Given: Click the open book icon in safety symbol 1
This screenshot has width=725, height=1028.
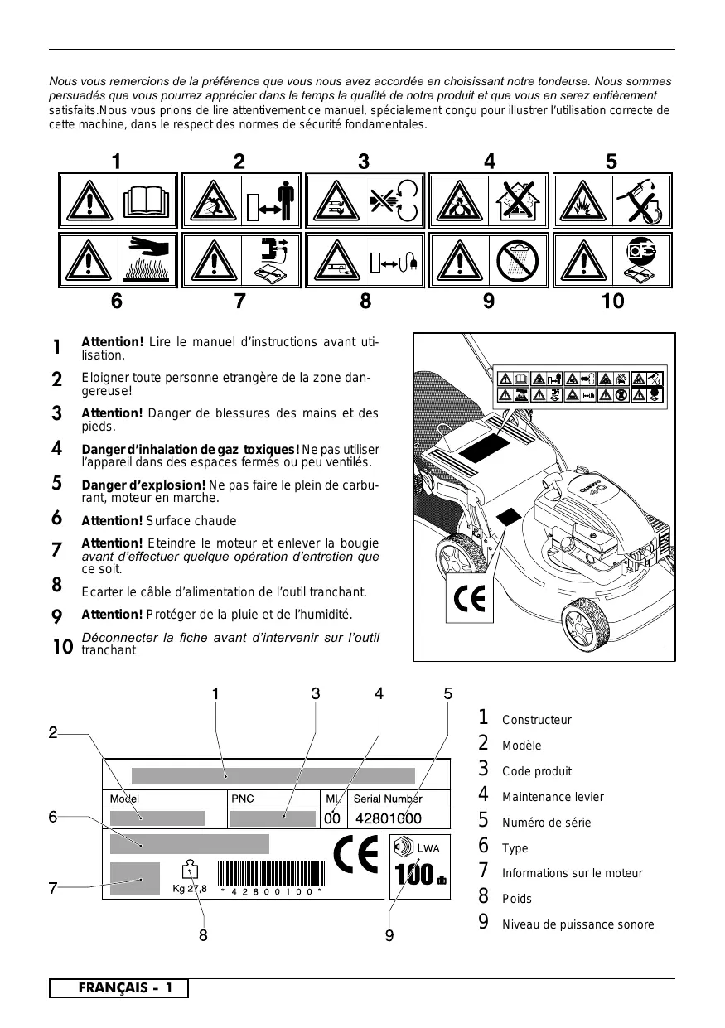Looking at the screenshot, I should pyautogui.click(x=148, y=201).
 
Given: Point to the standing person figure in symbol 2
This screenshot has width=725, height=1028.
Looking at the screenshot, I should pyautogui.click(x=284, y=201).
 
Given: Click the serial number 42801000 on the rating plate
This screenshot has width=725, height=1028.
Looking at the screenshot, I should pyautogui.click(x=388, y=818).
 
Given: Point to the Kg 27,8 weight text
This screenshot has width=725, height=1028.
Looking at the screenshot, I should pyautogui.click(x=190, y=889).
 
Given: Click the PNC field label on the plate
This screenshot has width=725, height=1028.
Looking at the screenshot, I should pyautogui.click(x=242, y=799).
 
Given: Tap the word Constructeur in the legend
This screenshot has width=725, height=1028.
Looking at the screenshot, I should pyautogui.click(x=537, y=721).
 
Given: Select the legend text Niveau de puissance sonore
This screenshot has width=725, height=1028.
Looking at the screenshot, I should pyautogui.click(x=578, y=924).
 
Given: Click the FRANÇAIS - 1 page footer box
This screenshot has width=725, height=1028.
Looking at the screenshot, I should pyautogui.click(x=118, y=988).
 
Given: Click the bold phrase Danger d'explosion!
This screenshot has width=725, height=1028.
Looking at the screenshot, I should pyautogui.click(x=143, y=485).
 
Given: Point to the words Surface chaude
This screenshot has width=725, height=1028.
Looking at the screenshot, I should pyautogui.click(x=191, y=521).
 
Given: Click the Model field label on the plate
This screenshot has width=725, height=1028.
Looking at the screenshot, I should pyautogui.click(x=125, y=799).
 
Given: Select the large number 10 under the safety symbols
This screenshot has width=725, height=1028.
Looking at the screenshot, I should pyautogui.click(x=612, y=301).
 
